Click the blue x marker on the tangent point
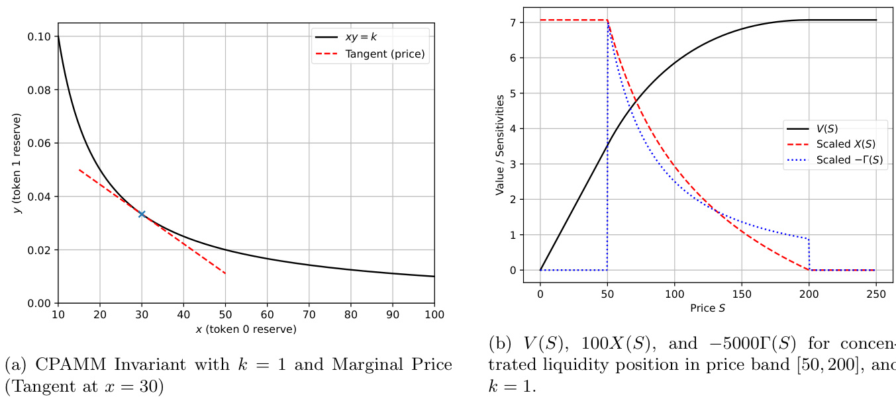click(x=142, y=214)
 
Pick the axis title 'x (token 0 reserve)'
click(x=246, y=328)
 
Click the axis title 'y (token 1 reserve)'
click(x=18, y=163)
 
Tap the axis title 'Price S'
click(x=707, y=307)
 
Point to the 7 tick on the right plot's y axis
click(x=513, y=22)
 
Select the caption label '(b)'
click(x=499, y=343)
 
